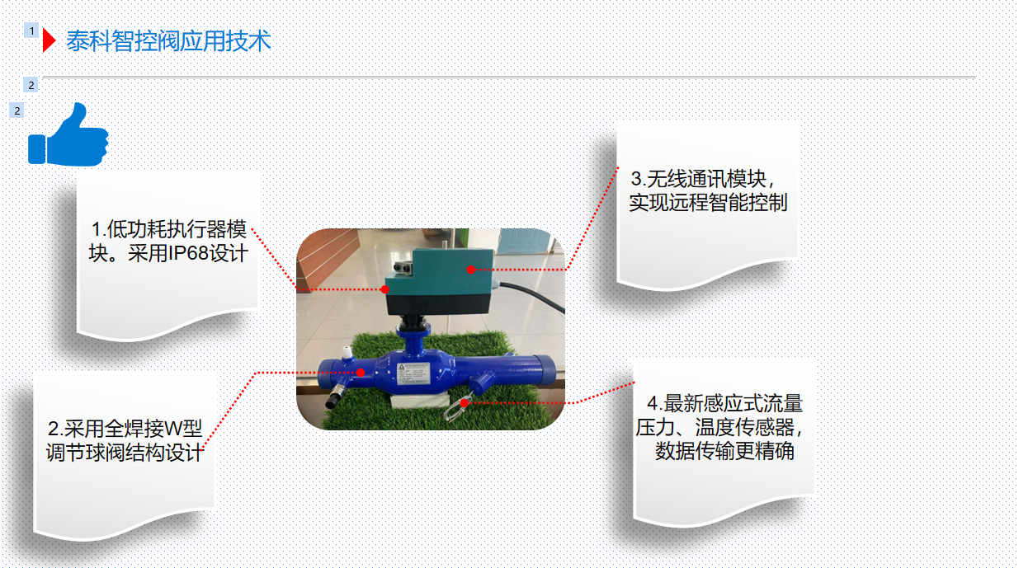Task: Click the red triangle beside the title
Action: (x=49, y=40)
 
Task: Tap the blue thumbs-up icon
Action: (x=68, y=135)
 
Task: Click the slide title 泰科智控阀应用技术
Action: (x=168, y=41)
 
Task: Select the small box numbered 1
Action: (x=31, y=31)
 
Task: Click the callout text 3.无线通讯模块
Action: (x=702, y=179)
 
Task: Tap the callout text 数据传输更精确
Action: (x=724, y=451)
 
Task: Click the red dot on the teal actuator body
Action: (x=471, y=270)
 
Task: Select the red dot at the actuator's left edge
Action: (x=384, y=289)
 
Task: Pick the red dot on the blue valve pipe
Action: (x=361, y=373)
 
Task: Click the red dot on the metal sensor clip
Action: (x=464, y=402)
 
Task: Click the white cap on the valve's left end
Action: (x=347, y=351)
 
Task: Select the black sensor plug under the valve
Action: (x=334, y=398)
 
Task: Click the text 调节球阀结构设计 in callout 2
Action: (x=124, y=453)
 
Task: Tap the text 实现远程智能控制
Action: (x=708, y=202)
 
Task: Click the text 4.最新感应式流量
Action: (x=724, y=403)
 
